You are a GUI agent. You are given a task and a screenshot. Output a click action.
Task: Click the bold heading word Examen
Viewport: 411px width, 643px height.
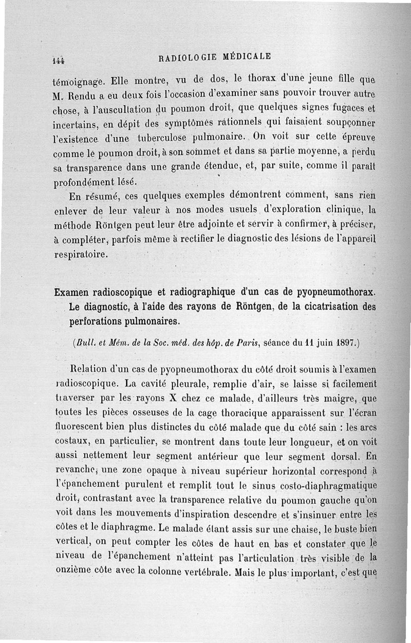[x=75, y=293]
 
